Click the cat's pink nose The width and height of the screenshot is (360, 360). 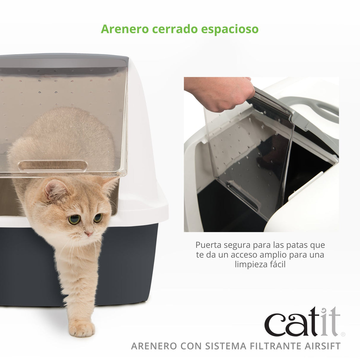click(x=88, y=234)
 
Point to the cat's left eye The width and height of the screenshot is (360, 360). click(x=74, y=219)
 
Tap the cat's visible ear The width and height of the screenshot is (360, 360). click(x=55, y=190)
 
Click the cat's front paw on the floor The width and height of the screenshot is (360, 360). click(x=82, y=329)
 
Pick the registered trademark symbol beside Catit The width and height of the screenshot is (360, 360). click(x=343, y=334)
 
